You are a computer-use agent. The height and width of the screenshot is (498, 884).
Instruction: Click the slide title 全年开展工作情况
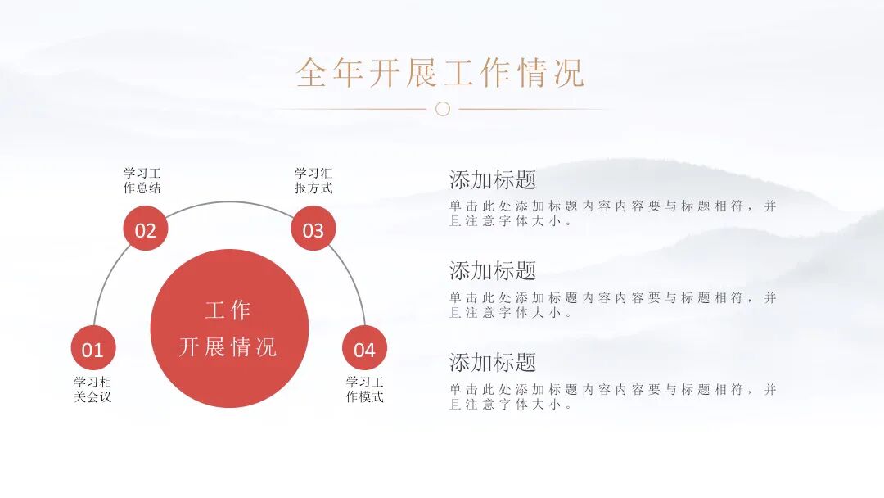440,73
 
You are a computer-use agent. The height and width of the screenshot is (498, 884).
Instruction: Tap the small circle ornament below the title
443,109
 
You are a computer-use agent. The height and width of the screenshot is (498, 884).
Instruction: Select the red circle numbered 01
92,350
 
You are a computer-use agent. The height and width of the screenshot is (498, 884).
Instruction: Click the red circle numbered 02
145,230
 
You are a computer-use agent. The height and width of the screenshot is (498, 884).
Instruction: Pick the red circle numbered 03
313,230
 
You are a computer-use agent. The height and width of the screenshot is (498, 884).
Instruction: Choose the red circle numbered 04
364,350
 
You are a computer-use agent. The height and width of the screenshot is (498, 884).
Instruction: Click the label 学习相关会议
92,389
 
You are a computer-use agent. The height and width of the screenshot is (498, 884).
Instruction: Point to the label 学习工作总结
142,181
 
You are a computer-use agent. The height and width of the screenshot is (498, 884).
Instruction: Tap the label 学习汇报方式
313,181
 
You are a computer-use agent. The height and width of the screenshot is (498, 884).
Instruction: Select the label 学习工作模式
364,389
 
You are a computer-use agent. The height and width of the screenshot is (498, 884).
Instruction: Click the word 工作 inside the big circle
228,311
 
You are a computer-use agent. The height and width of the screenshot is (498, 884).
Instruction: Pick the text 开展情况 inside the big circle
228,346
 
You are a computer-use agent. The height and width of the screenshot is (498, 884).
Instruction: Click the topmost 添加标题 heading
493,179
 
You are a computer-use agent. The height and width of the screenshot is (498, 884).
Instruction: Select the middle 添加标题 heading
493,270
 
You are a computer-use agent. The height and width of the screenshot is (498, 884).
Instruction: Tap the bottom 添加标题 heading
493,362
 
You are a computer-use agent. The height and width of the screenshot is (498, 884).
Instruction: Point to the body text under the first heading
612,214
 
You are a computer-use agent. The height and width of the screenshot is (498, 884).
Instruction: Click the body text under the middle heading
612,305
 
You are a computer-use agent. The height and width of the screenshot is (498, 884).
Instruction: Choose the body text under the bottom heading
612,396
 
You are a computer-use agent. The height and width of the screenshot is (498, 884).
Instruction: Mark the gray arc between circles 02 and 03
229,202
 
